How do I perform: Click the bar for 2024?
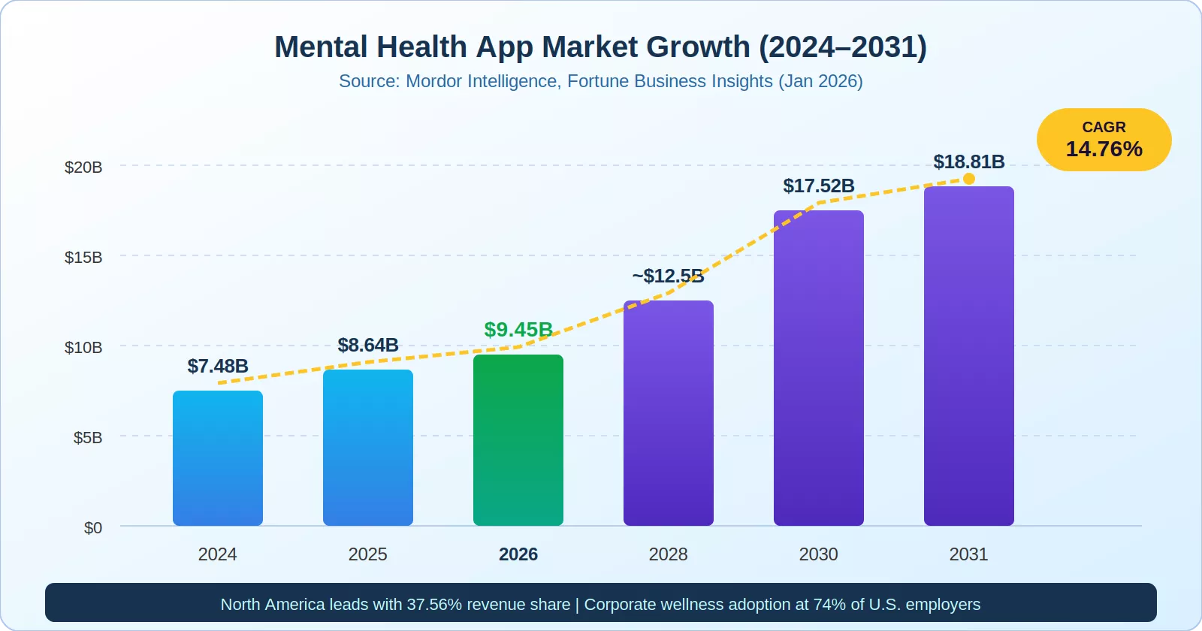(x=218, y=458)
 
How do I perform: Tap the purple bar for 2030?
(x=819, y=368)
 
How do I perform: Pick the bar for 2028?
(x=669, y=413)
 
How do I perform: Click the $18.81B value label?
(x=969, y=162)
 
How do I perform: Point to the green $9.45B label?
(x=518, y=329)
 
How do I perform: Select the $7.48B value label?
(x=218, y=366)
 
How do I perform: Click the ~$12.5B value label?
(x=669, y=276)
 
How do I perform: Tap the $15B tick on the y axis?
(x=83, y=257)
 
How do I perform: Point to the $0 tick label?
(x=93, y=527)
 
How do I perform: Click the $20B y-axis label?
(x=83, y=167)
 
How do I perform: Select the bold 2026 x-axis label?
(x=518, y=554)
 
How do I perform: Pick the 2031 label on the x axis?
(x=969, y=554)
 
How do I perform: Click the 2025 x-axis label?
(x=368, y=554)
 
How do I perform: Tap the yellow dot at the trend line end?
(x=969, y=179)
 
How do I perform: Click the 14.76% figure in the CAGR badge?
(x=1104, y=149)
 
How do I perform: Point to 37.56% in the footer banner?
(x=434, y=604)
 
